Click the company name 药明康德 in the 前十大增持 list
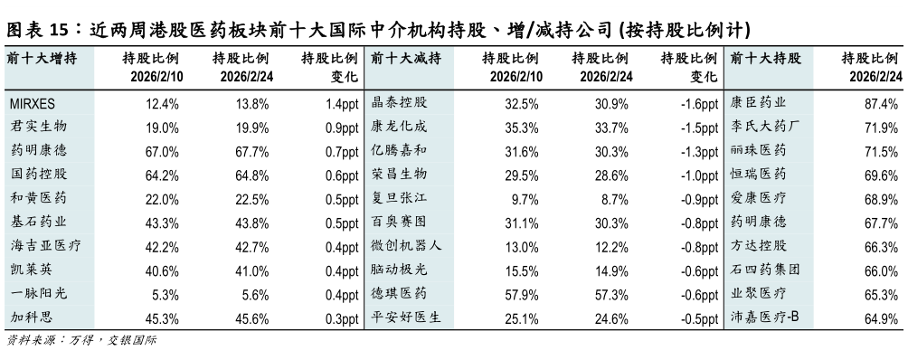37,150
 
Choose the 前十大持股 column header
764,59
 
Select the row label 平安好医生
406,317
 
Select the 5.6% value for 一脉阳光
255,293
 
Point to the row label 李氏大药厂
765,127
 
